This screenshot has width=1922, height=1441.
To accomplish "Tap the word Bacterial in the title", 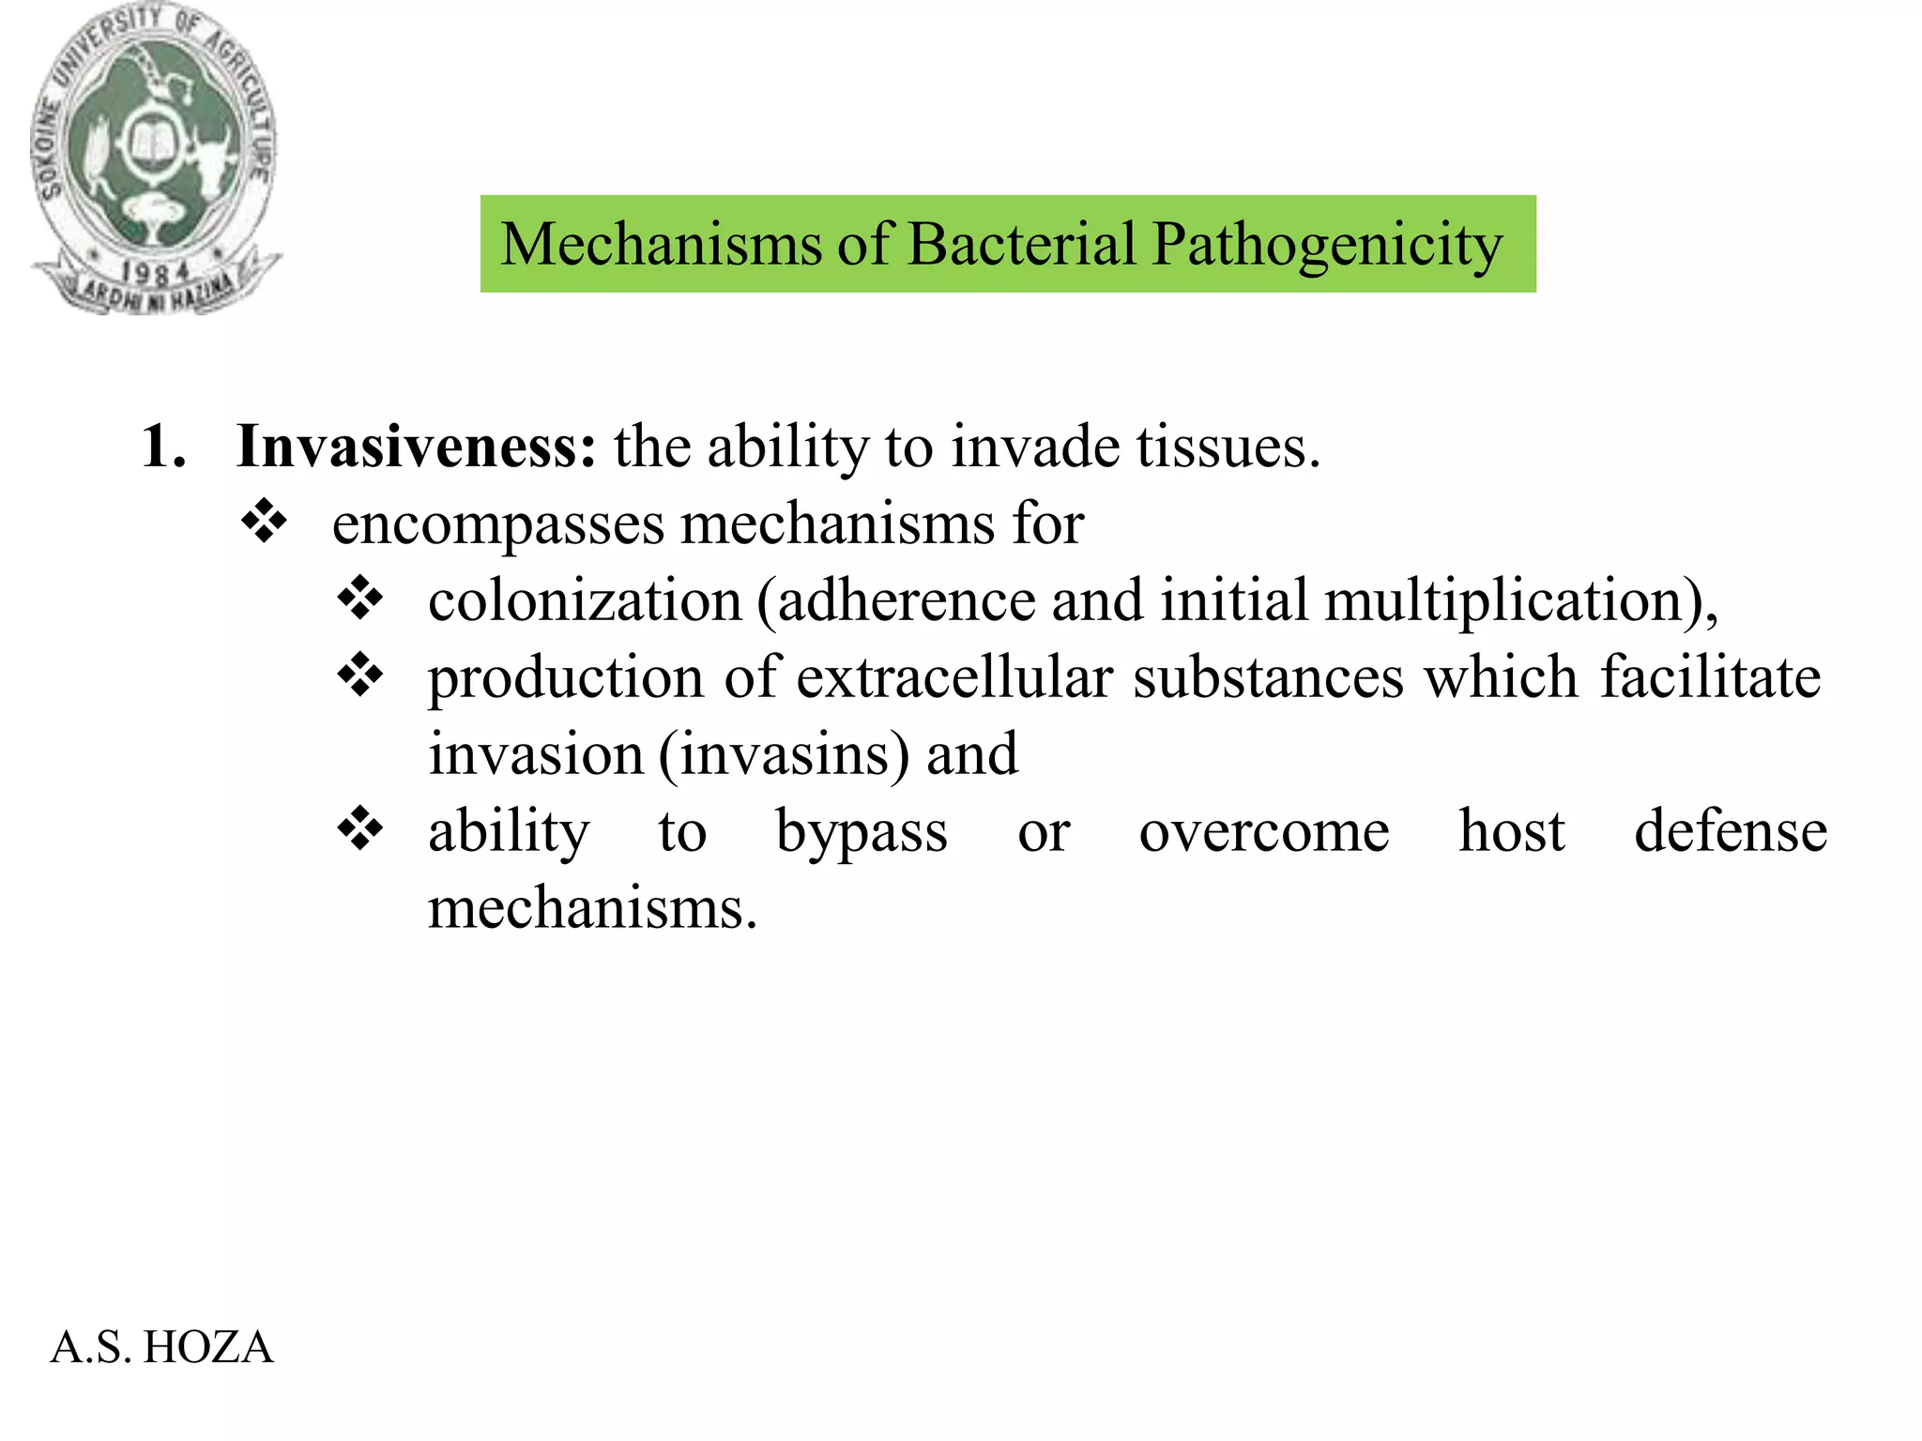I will [x=1021, y=244].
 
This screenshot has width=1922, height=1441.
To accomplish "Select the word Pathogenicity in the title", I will [x=1327, y=246].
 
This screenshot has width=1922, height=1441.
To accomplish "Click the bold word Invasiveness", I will [x=416, y=446].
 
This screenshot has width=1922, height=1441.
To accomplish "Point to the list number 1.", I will [x=162, y=446].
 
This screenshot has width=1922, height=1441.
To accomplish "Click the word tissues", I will [x=1228, y=447].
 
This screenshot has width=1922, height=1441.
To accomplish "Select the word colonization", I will [x=585, y=600].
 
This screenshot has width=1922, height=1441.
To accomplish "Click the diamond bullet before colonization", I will [x=360, y=599].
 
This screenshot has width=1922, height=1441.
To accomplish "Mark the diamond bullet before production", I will [x=360, y=675].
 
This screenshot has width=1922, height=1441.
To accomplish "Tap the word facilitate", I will [x=1710, y=677].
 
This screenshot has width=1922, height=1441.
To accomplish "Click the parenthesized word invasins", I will [x=785, y=754].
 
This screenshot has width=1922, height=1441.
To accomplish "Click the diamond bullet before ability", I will [x=360, y=829].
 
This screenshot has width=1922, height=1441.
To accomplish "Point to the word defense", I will [x=1731, y=831].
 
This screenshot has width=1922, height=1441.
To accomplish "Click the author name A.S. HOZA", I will [x=161, y=1347].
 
